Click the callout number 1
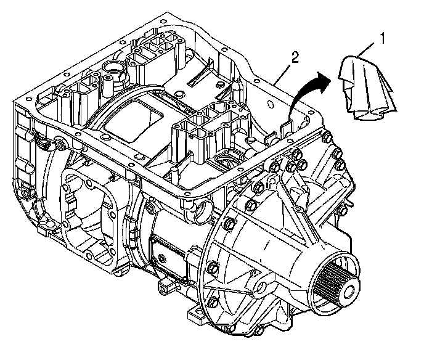tap(383, 38)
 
